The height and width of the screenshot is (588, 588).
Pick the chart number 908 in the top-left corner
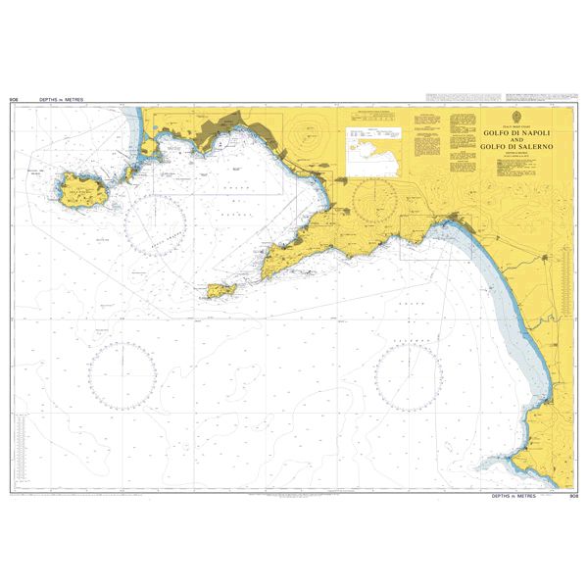[14, 100]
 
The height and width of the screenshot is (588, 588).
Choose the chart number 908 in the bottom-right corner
[573, 497]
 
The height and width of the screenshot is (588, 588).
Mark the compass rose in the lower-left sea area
[122, 373]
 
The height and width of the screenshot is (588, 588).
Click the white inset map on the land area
[375, 151]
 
